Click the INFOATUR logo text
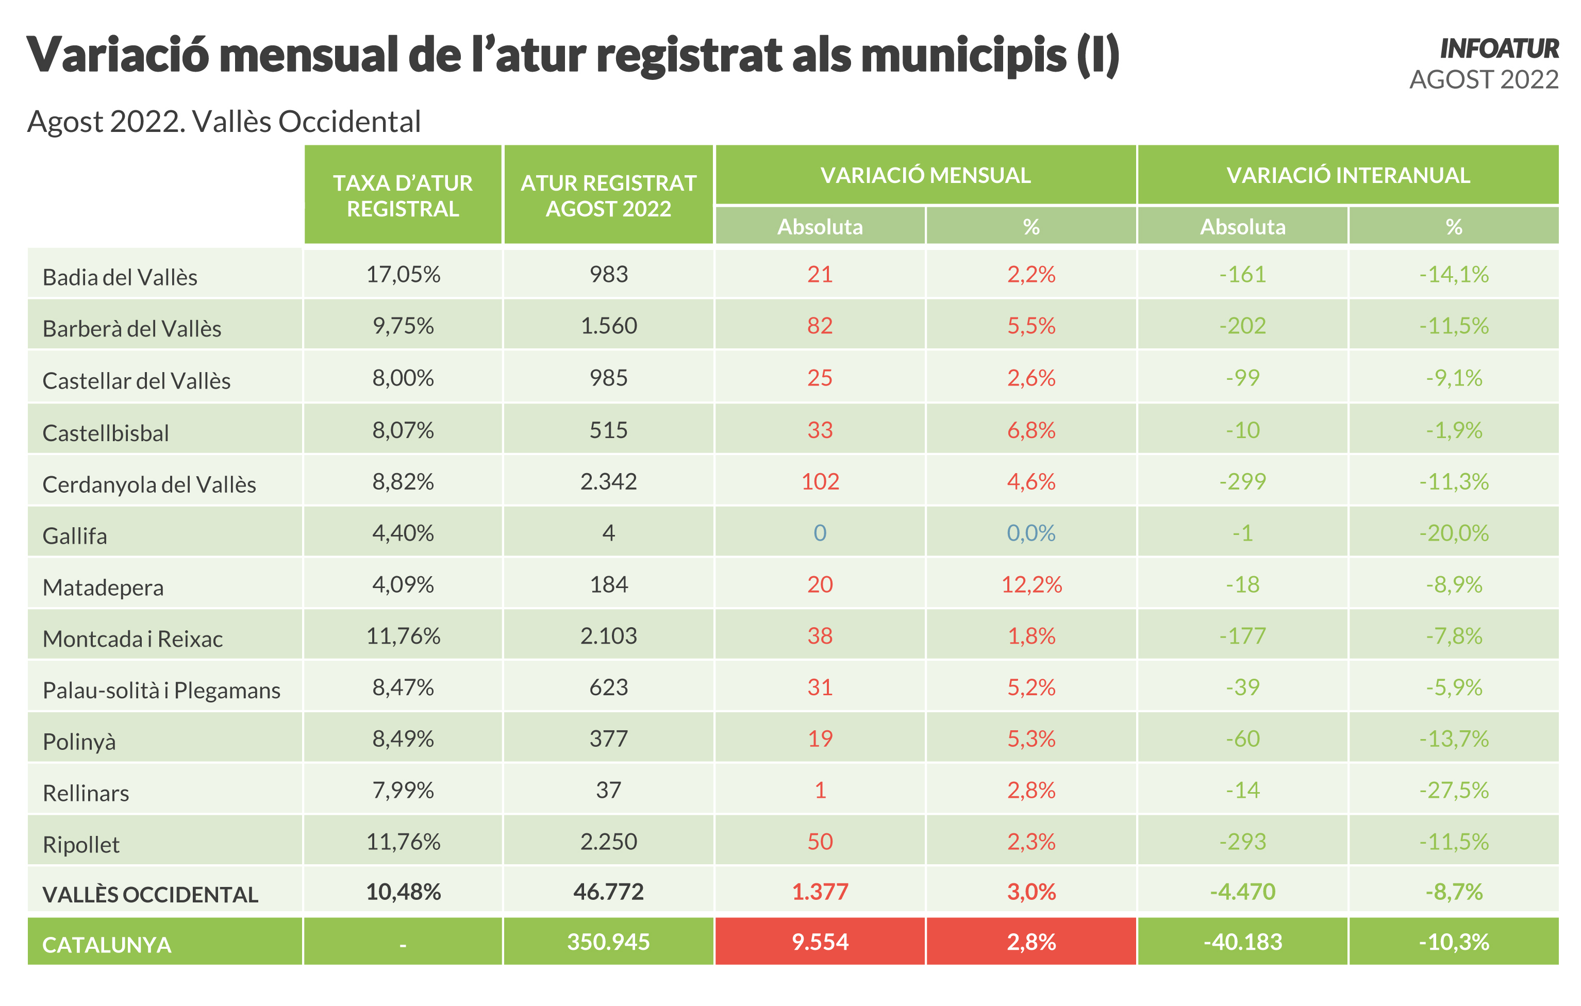click(1499, 49)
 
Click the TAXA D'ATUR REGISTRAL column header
click(403, 195)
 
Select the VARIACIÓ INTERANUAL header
click(1347, 175)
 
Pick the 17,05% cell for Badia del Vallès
click(403, 274)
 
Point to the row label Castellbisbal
click(106, 433)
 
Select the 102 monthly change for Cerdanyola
click(820, 482)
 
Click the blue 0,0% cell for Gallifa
click(1031, 533)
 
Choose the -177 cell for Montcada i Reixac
click(1242, 636)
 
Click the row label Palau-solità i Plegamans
click(161, 691)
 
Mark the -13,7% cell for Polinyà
click(1453, 739)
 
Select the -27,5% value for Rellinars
click(1453, 790)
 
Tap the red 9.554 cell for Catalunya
click(820, 942)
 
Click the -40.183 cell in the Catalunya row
click(1242, 942)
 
